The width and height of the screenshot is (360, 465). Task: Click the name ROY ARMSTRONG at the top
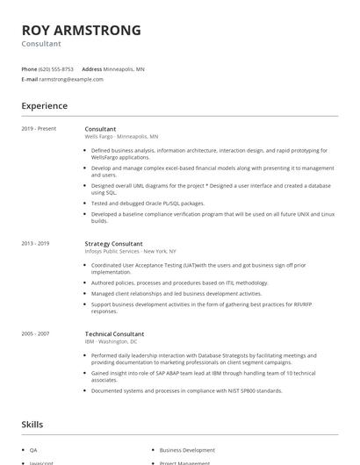click(81, 30)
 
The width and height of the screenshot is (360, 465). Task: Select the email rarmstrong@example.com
click(71, 79)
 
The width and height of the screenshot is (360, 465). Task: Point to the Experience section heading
click(45, 106)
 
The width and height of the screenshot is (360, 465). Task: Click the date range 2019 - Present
click(39, 129)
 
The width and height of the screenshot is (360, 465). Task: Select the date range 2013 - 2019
click(36, 243)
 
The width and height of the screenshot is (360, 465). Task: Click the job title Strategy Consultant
click(113, 243)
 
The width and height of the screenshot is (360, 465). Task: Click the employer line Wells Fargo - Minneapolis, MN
click(121, 137)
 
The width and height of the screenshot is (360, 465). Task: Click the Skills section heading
click(32, 424)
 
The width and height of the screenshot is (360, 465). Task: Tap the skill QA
click(33, 449)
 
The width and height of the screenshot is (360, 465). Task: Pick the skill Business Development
click(187, 449)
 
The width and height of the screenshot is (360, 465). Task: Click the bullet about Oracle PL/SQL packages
click(141, 202)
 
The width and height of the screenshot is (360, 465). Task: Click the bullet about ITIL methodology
click(180, 283)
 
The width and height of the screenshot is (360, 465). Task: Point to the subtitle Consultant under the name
click(42, 44)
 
